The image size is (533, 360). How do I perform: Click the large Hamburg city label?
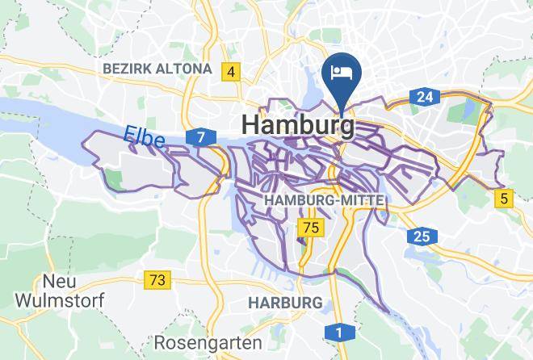pos(297,126)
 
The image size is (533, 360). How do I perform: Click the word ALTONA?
pos(185,69)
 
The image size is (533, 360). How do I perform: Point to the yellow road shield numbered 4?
pos(232,72)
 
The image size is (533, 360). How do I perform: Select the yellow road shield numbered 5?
pos(506,198)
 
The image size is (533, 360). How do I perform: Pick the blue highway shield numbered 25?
pos(422,237)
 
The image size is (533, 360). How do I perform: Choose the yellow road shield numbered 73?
pos(157,280)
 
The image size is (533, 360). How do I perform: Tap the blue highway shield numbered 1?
pos(338,333)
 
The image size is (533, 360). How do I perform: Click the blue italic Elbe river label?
pos(145,137)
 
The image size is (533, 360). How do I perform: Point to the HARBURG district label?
pos(285,303)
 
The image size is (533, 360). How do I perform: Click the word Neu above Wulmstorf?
pos(59,281)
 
